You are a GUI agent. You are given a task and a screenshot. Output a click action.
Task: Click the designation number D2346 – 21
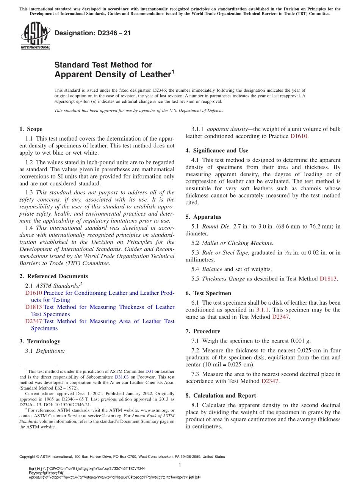click(93, 33)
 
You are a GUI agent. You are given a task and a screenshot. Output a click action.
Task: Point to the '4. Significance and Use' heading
click(217, 150)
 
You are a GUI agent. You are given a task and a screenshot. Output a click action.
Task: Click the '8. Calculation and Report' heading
click(221, 395)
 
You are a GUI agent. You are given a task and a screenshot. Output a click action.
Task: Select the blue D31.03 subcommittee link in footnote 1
click(122, 377)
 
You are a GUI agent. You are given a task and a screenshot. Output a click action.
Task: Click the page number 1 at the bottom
click(180, 465)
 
